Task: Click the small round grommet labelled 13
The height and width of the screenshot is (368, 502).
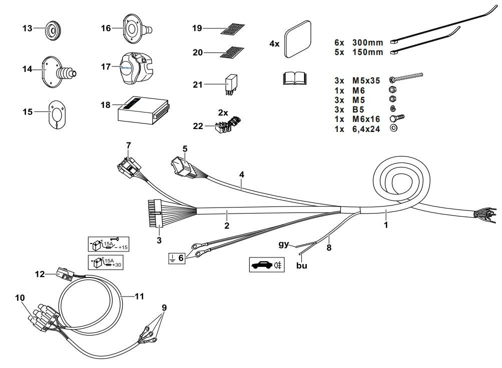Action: [52, 29]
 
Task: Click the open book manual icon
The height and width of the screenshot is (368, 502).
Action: [294, 78]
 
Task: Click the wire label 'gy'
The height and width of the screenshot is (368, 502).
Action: [284, 243]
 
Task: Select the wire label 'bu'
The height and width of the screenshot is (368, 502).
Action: [301, 265]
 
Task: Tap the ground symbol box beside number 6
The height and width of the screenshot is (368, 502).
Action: [172, 258]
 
